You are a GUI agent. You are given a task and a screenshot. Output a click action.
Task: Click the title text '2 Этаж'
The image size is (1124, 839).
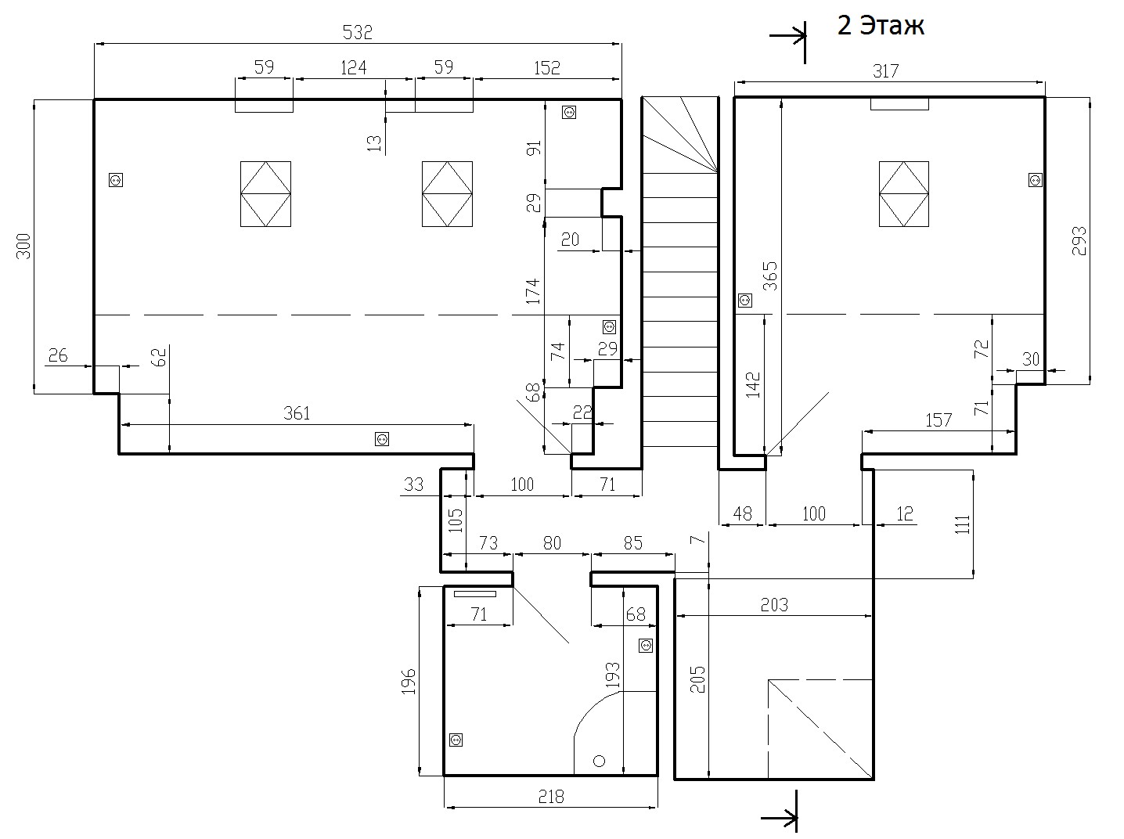point(881,26)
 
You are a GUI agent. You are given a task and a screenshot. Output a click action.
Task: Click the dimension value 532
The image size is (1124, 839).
point(358,33)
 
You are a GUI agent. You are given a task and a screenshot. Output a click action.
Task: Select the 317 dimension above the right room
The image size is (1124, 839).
point(885,71)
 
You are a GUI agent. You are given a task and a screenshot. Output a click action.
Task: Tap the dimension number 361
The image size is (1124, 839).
point(297,413)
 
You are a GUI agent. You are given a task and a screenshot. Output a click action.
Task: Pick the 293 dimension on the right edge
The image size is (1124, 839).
point(1079,240)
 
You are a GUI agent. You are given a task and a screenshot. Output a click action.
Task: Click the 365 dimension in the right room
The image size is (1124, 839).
point(769,276)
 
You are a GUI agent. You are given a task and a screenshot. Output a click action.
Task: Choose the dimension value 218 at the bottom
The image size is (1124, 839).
point(551,797)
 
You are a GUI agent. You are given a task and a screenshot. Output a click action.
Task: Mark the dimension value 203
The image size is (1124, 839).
point(774,605)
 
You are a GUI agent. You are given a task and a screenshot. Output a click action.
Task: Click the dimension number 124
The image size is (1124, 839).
point(353,67)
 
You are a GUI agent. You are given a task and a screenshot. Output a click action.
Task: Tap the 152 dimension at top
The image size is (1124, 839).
point(547,67)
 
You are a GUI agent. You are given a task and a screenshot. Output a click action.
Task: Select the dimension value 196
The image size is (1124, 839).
point(408,682)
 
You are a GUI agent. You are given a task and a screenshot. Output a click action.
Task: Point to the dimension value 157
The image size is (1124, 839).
point(938,420)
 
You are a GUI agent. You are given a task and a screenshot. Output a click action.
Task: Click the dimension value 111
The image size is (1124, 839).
point(962,524)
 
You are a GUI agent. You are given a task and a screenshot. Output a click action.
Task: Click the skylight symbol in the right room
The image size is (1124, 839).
point(904,194)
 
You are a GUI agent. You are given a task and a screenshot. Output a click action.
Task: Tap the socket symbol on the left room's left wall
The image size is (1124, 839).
point(116,180)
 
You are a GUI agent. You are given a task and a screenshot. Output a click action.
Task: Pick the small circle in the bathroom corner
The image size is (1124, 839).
point(599,762)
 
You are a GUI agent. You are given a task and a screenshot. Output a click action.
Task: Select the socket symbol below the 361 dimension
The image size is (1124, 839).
point(381,439)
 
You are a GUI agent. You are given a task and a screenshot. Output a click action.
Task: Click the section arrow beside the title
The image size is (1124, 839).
point(789,36)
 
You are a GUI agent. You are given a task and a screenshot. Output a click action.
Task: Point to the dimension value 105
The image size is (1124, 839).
point(456,520)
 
